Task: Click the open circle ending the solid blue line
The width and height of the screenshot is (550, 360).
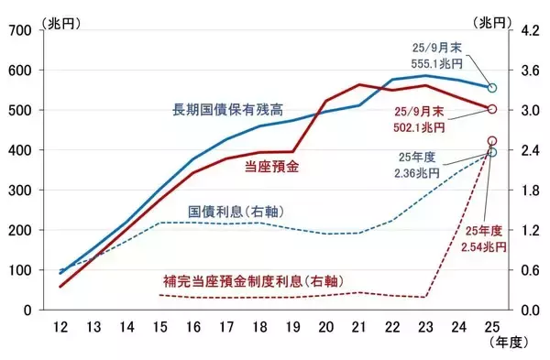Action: (x=492, y=88)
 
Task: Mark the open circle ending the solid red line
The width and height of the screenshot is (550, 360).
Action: (x=492, y=109)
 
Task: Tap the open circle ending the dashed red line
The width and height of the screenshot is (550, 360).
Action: (x=492, y=142)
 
